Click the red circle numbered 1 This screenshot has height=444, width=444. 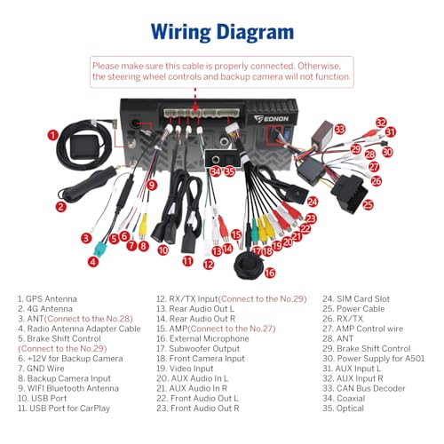(x=53, y=135)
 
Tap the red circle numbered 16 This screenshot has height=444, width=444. (x=270, y=273)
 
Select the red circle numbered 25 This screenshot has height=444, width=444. (x=368, y=204)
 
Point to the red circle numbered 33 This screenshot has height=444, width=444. (x=339, y=130)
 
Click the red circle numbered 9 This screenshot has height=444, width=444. (x=152, y=186)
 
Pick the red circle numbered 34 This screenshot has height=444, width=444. (x=216, y=171)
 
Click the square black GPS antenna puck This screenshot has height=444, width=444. (x=85, y=147)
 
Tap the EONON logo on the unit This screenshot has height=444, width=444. (x=271, y=119)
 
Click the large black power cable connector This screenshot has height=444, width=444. (x=350, y=193)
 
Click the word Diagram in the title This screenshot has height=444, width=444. (x=255, y=32)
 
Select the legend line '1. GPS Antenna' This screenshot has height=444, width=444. (x=47, y=299)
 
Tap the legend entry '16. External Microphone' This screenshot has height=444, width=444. (x=202, y=338)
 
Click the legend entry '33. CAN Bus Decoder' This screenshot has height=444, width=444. (x=364, y=388)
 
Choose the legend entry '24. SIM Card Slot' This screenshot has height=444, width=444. (x=356, y=299)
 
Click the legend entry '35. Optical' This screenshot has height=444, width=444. (x=344, y=408)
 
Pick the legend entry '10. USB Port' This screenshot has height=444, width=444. (x=43, y=399)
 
